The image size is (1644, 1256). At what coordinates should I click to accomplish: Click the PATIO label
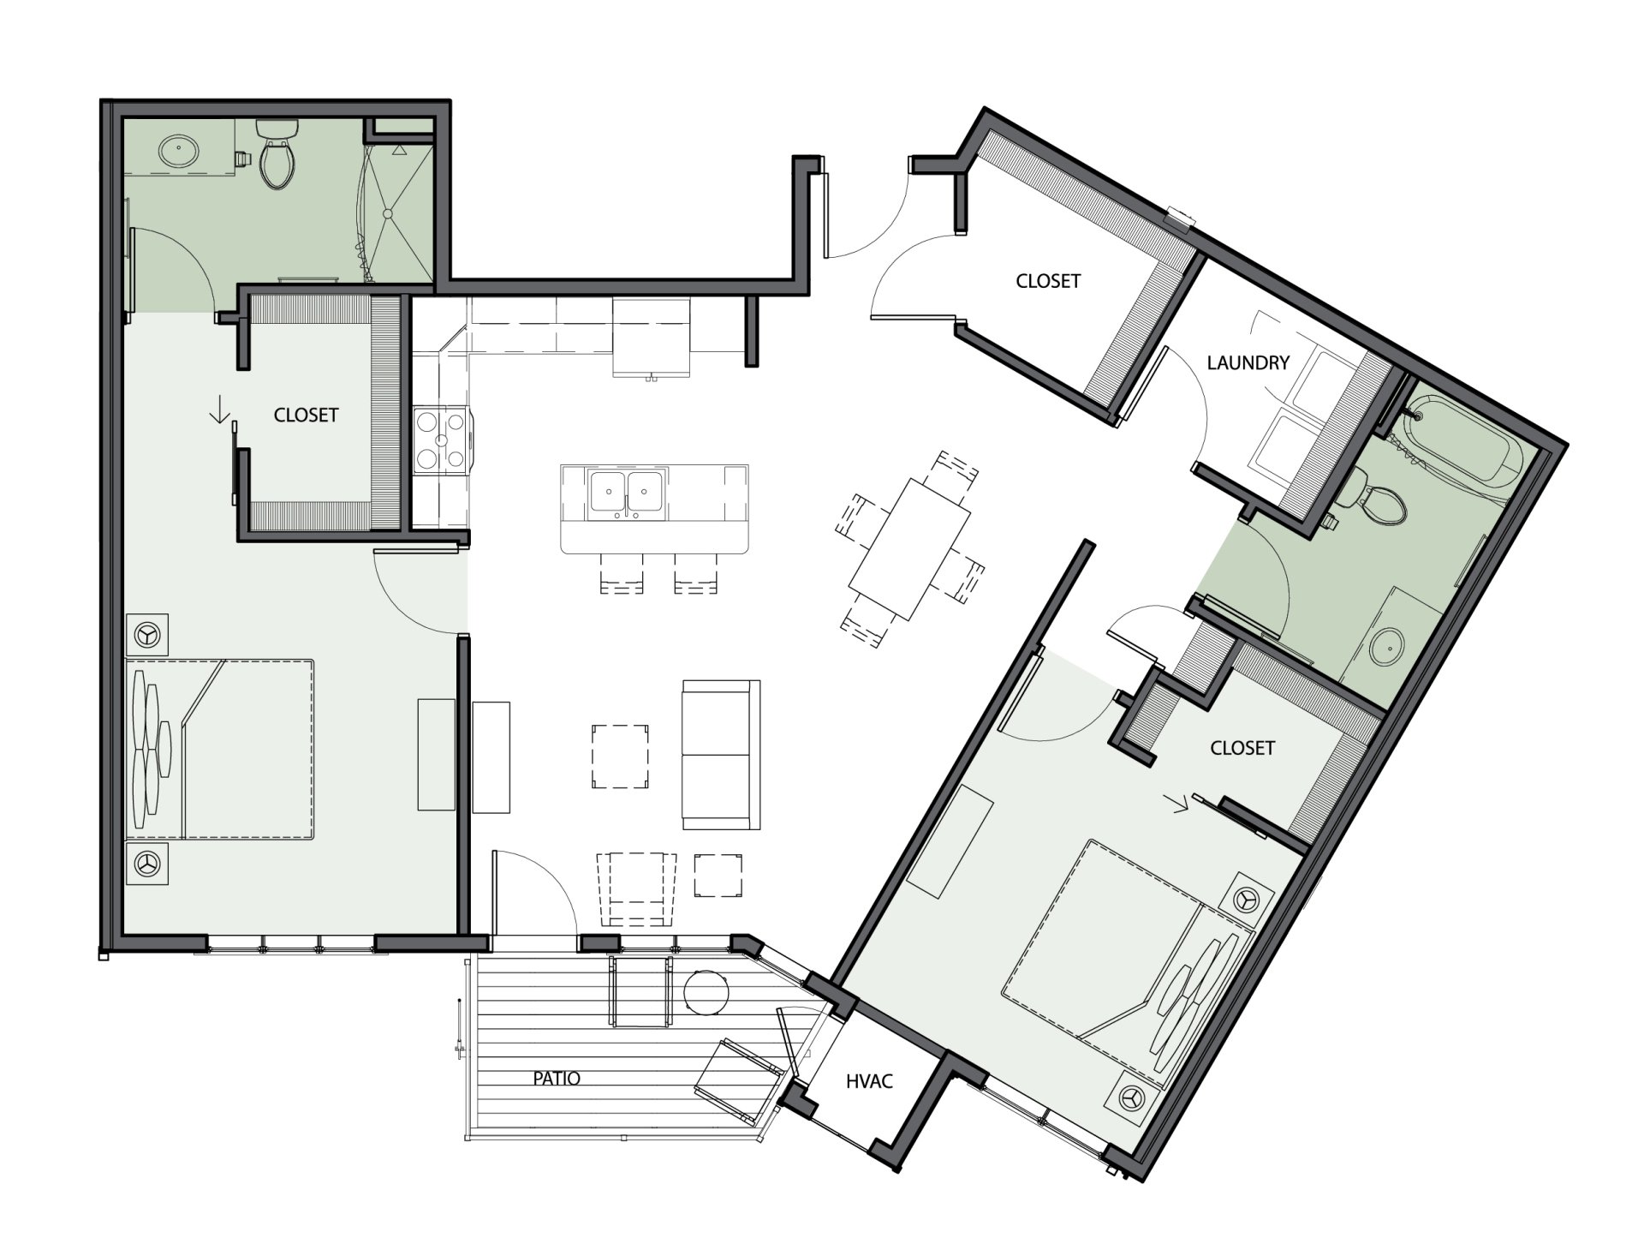click(x=557, y=1078)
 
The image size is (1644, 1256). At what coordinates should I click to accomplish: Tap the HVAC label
click(x=869, y=1081)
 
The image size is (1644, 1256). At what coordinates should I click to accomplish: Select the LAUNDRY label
click(x=1248, y=362)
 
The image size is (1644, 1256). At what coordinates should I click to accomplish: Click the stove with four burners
click(x=442, y=440)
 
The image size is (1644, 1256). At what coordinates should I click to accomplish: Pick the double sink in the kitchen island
click(x=626, y=494)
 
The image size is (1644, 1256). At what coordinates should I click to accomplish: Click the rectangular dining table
click(x=909, y=548)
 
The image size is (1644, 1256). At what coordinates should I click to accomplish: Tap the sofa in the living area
click(x=721, y=754)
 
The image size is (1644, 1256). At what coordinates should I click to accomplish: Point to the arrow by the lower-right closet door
click(x=1180, y=804)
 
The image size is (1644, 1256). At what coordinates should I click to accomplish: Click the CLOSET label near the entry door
click(x=1048, y=281)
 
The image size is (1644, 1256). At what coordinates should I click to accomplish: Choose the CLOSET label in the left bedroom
click(x=306, y=415)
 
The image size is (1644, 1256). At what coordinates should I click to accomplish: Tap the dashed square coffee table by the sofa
click(x=619, y=757)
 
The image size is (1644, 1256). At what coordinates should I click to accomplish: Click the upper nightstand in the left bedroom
click(x=146, y=635)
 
